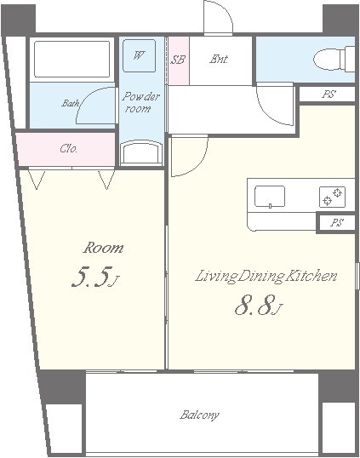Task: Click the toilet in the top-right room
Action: tap(334, 59)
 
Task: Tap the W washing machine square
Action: tap(139, 55)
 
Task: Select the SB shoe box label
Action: tap(178, 60)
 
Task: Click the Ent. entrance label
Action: tap(219, 59)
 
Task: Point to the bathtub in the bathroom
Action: tap(71, 59)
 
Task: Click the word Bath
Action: tap(71, 103)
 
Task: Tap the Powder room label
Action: tap(140, 102)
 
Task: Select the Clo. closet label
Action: tap(69, 149)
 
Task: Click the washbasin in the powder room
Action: tap(141, 152)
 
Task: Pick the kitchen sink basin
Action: tap(270, 197)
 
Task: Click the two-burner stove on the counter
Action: tap(332, 197)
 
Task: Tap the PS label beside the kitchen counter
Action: tap(336, 222)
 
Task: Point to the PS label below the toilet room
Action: tap(329, 94)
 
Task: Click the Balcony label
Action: tap(199, 415)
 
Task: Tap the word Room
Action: tap(103, 248)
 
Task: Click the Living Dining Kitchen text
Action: tap(266, 277)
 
